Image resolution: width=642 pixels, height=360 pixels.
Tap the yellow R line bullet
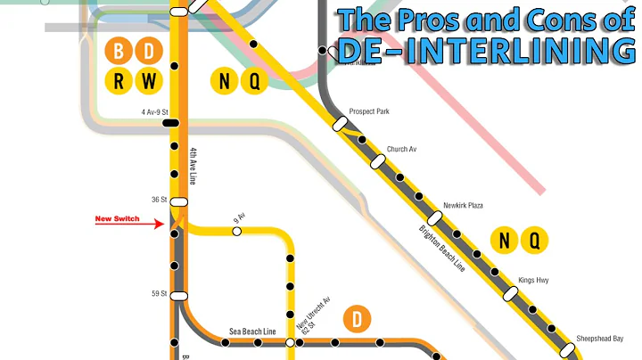point(119,81)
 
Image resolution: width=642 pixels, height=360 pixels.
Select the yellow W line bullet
point(150,81)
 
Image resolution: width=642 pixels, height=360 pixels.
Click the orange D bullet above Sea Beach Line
point(357,318)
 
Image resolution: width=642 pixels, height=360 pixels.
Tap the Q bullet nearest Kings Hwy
point(535,240)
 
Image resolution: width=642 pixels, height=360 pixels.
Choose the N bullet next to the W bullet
point(224,81)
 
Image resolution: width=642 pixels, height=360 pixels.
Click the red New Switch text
point(117,218)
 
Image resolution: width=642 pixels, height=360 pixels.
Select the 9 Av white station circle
point(236,232)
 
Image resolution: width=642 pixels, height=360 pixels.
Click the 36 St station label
point(160,200)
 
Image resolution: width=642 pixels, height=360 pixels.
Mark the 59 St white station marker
point(178,296)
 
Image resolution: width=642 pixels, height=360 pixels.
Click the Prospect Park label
point(369,111)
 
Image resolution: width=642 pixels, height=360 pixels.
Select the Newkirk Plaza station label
point(463,206)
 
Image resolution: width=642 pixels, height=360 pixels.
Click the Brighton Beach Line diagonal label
point(443,248)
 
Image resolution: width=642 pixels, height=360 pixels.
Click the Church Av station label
point(401,149)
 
